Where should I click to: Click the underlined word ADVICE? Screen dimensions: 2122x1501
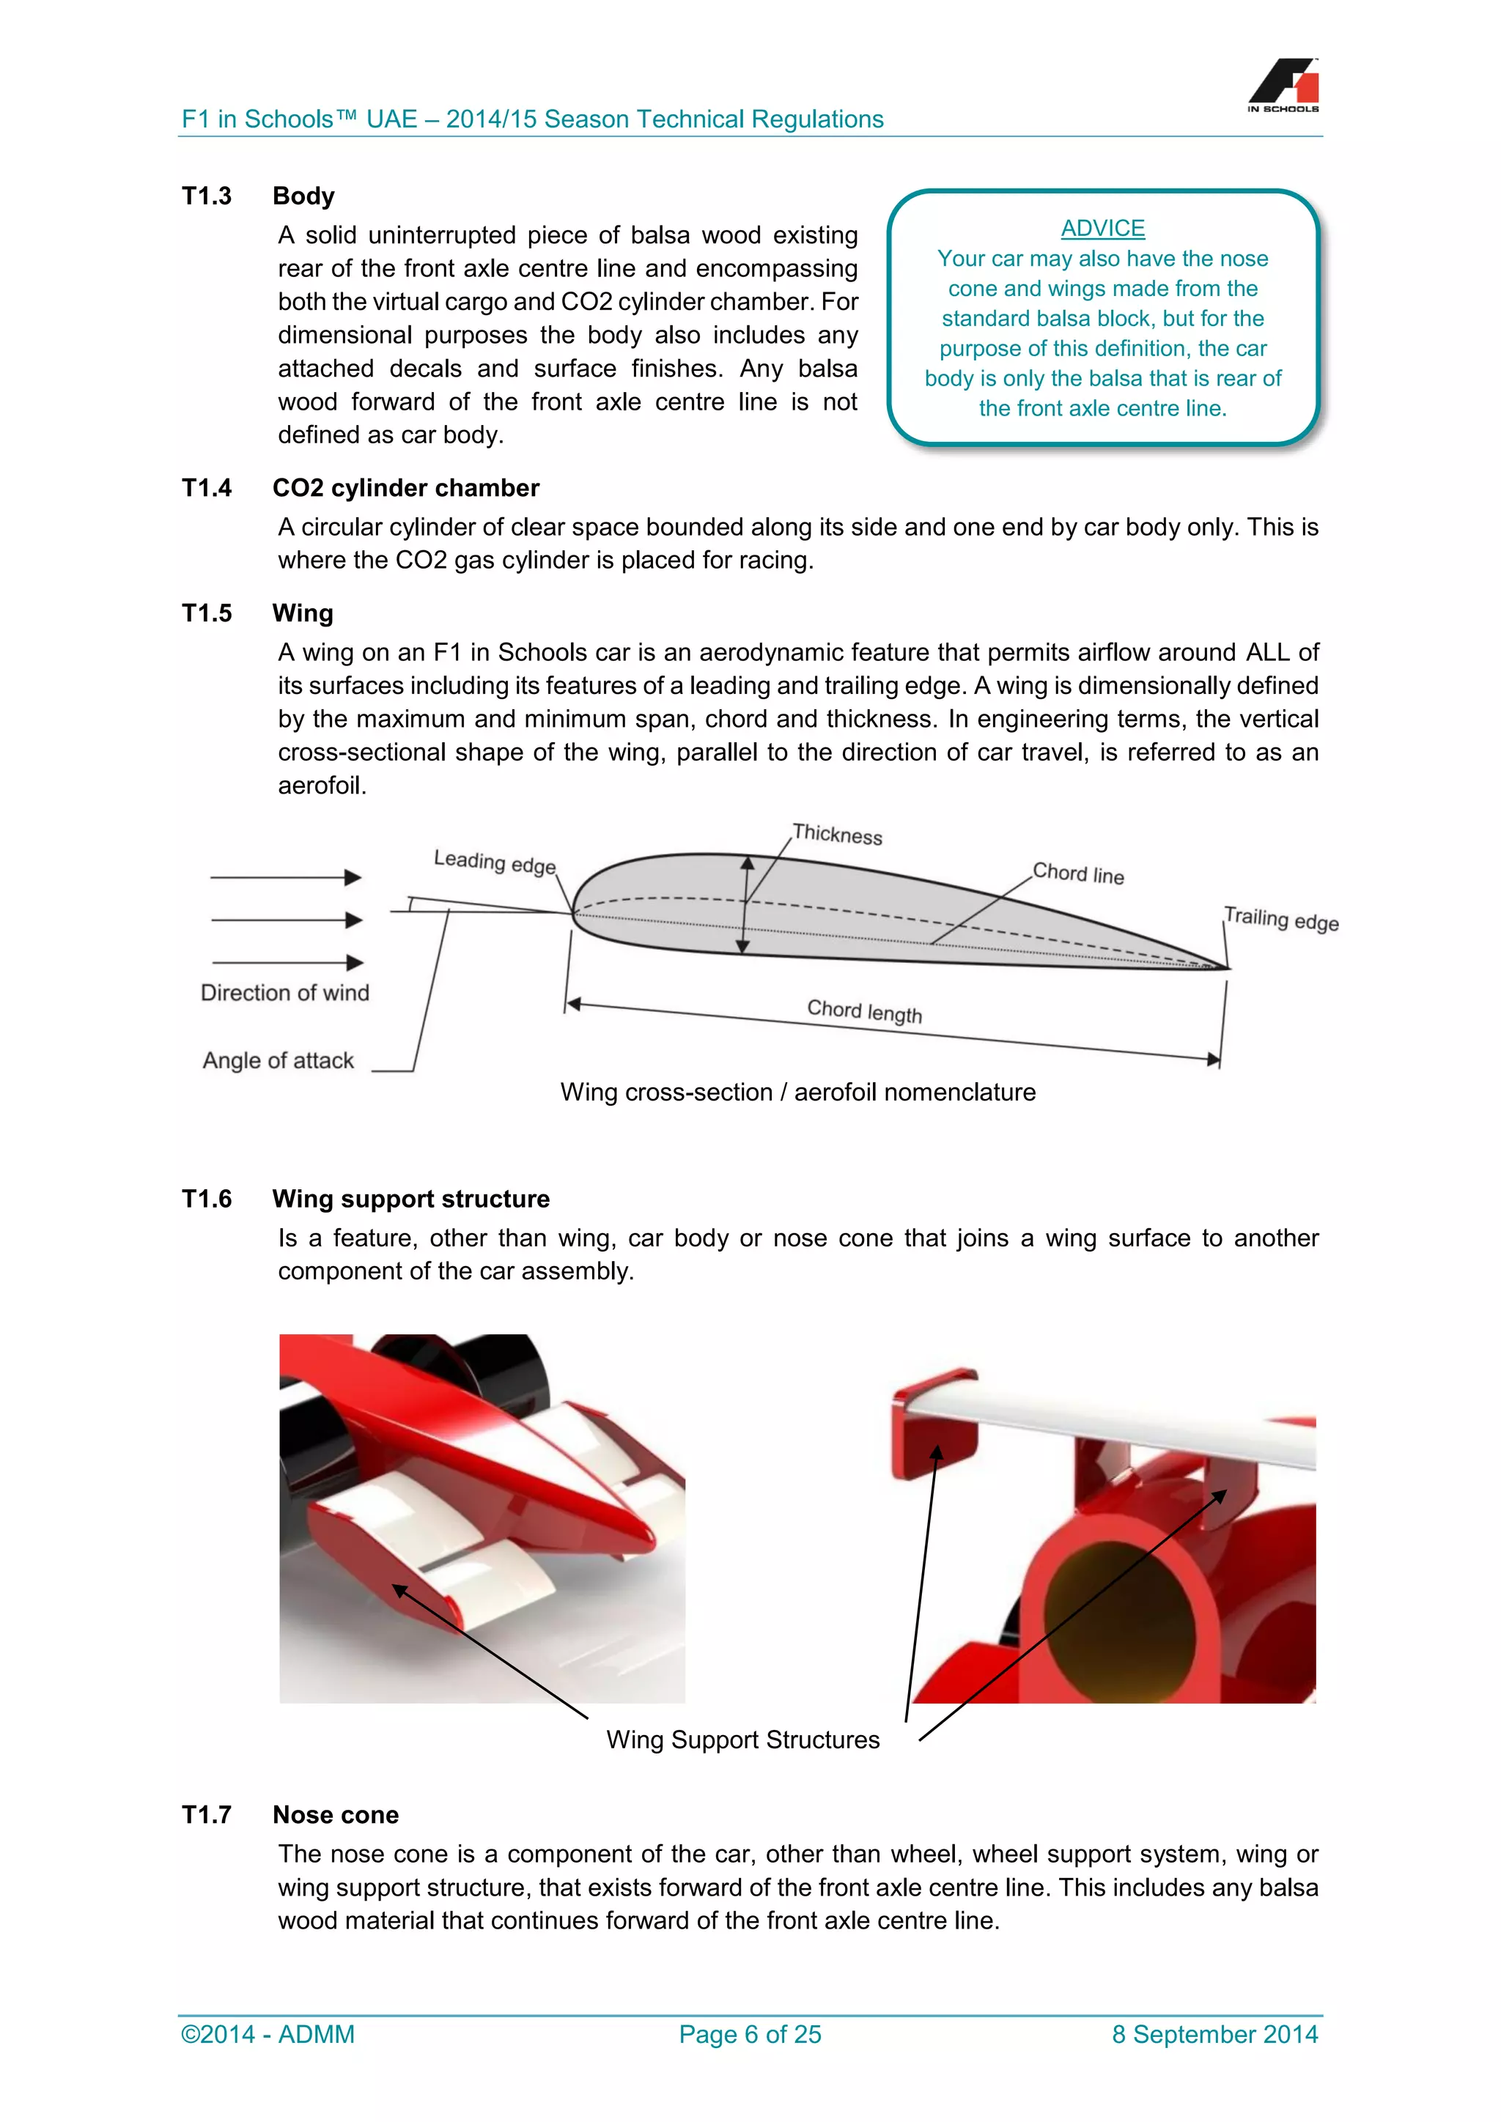point(1102,229)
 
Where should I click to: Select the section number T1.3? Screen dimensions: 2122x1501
point(207,196)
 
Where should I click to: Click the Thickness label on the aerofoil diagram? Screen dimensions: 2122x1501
point(838,834)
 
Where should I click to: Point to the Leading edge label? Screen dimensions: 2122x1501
point(495,862)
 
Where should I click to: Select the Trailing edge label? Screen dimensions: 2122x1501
point(1280,919)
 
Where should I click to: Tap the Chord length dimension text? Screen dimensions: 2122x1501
point(864,1011)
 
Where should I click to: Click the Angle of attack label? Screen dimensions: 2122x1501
point(279,1060)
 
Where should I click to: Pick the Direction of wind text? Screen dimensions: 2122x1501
point(284,993)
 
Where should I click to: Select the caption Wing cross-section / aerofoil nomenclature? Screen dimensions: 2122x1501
point(797,1093)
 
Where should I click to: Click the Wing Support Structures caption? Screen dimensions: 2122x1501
point(742,1740)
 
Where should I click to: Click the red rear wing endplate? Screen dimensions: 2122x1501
point(932,1428)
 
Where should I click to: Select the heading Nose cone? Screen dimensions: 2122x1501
point(336,1815)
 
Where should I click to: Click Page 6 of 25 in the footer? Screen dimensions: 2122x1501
point(750,2034)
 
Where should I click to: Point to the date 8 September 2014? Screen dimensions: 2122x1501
point(1214,2034)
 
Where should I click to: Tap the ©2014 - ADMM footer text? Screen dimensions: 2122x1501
point(268,2034)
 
